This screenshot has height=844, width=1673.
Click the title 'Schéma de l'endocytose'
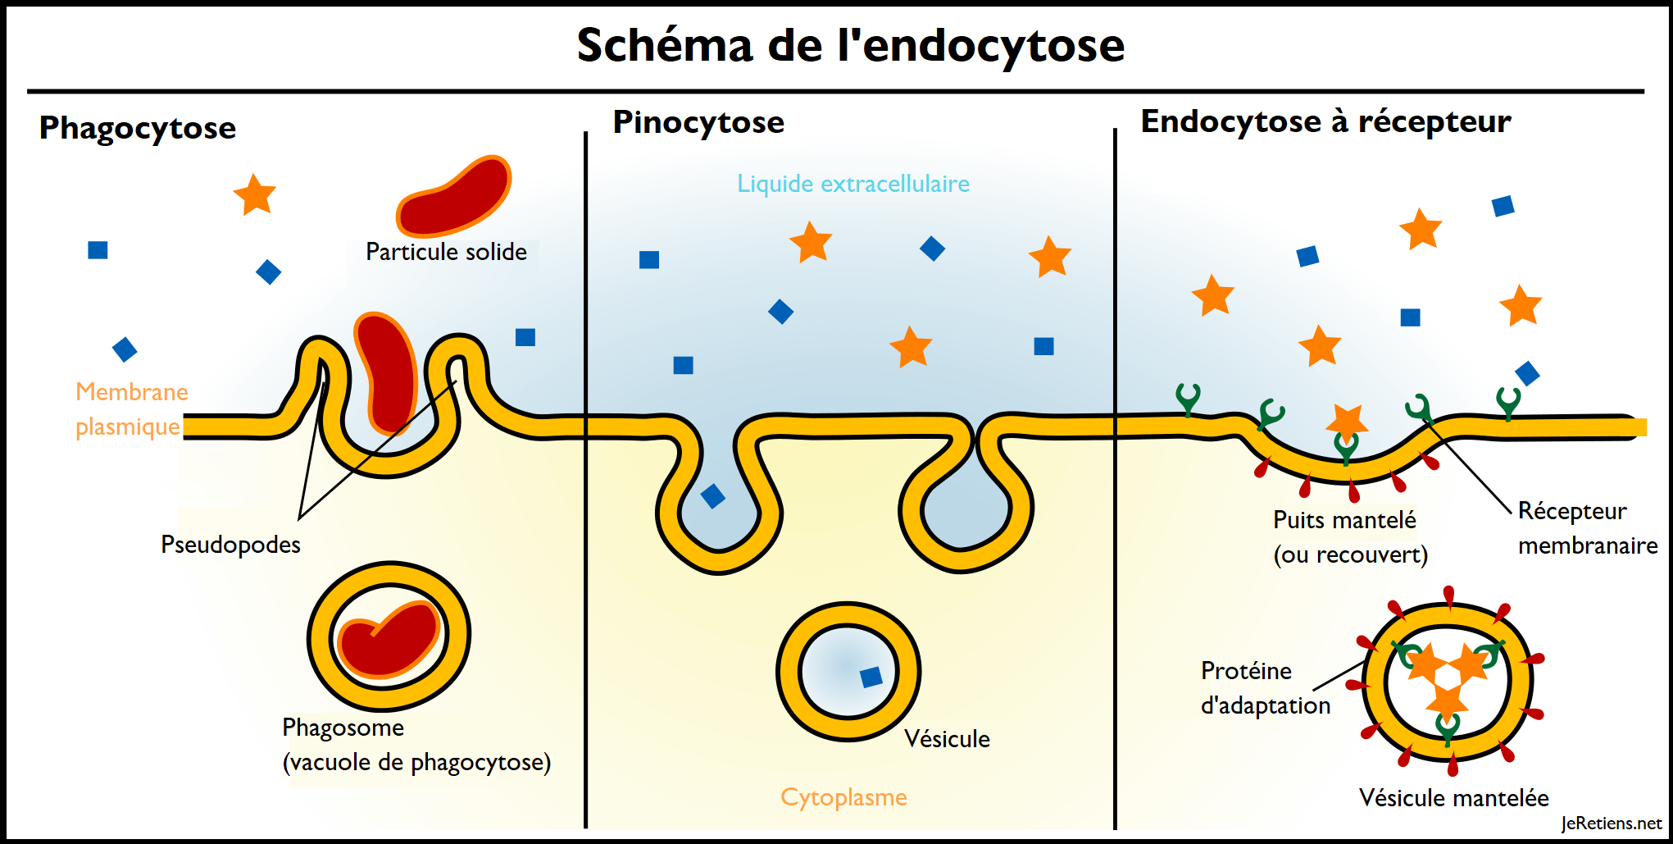click(850, 45)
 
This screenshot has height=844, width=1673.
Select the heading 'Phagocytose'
click(138, 129)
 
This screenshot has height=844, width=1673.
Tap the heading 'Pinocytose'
click(698, 122)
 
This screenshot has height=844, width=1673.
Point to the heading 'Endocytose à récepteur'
click(1325, 121)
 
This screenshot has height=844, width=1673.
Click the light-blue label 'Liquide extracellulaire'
click(852, 184)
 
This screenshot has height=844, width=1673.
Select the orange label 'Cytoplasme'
click(843, 797)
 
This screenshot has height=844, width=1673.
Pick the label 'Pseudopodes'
click(230, 545)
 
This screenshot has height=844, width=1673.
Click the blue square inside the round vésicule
click(871, 677)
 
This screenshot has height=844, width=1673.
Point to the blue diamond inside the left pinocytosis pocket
click(712, 495)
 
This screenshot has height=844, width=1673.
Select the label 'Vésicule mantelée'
click(1453, 798)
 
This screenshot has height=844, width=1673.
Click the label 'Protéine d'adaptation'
click(1265, 688)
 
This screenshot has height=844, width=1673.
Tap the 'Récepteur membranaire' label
click(1586, 528)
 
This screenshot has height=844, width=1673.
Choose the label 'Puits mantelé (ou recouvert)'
click(1349, 537)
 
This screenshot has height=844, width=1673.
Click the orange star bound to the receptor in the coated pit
click(1347, 421)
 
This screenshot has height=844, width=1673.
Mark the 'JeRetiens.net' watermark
click(1611, 823)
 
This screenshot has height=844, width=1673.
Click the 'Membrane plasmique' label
click(130, 409)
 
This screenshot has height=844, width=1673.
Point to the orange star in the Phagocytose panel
click(255, 195)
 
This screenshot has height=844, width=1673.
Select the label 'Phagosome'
click(343, 728)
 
